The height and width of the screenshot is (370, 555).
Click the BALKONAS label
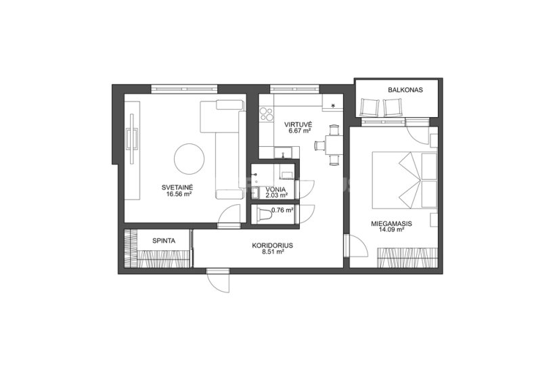coord(405,90)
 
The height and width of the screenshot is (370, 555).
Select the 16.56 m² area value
coord(179,194)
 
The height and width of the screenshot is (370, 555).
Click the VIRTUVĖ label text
coord(298,124)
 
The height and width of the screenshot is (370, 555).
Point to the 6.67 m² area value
coord(299,131)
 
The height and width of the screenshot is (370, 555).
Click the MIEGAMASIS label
coord(391,224)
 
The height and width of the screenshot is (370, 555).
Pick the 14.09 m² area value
coord(391,229)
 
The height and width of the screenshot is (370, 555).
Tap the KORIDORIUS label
coord(273,246)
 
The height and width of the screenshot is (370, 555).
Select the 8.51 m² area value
coord(273,252)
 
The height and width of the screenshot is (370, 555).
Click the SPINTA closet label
coord(164,241)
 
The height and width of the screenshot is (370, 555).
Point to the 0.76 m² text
coord(282,210)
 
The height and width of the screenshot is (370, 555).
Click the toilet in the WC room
coord(263,215)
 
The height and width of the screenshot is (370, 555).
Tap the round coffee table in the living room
coord(190,159)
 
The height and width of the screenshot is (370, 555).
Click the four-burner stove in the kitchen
coord(267,114)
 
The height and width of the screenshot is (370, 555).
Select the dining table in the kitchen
coord(334,145)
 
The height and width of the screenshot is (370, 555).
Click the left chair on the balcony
coord(370,107)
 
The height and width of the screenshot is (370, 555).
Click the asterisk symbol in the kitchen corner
coord(333,105)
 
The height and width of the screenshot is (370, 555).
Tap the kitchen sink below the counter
coord(283,152)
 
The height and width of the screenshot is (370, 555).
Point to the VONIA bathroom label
coord(277,189)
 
